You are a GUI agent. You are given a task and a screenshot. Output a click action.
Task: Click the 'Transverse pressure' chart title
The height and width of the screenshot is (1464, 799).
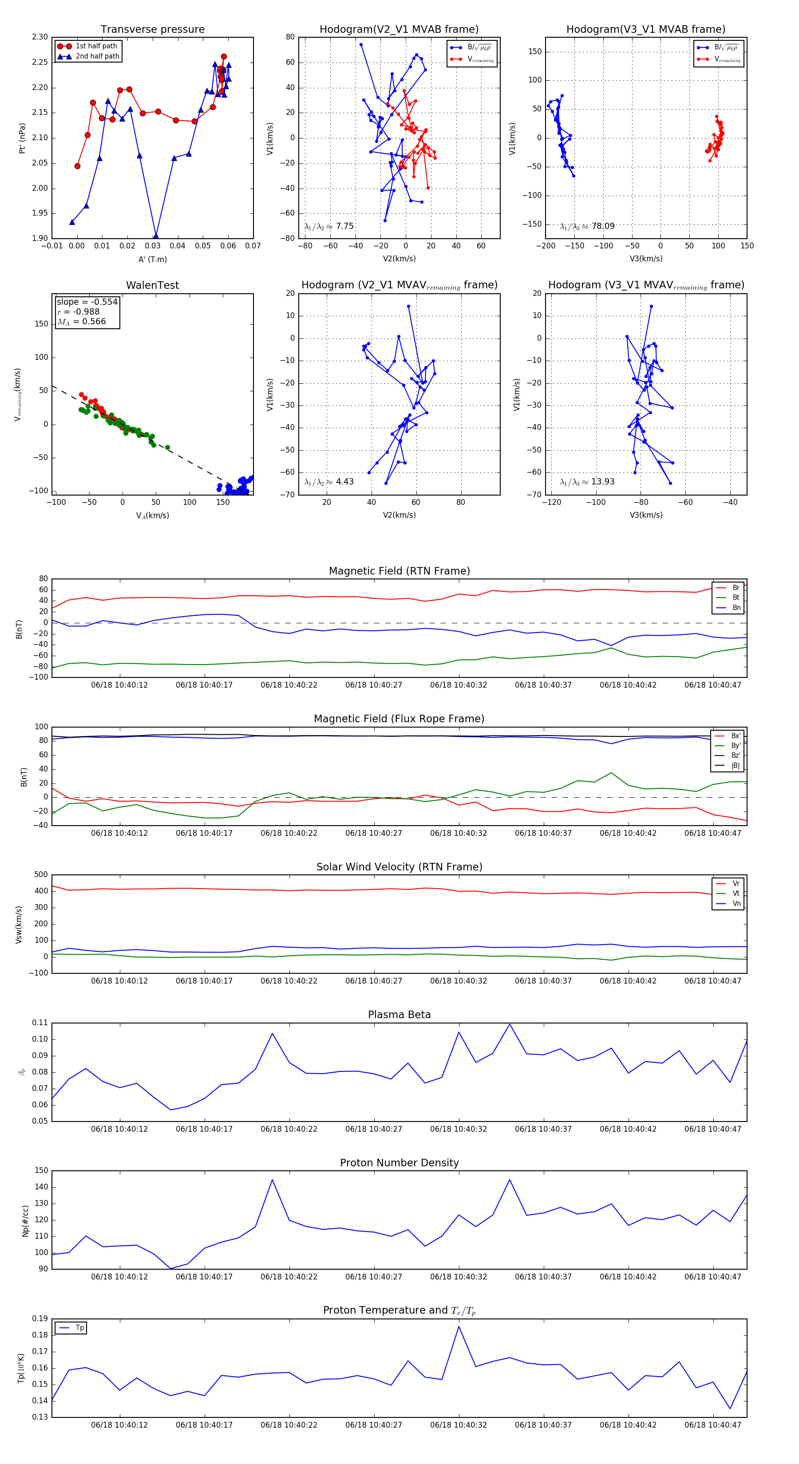pos(152,30)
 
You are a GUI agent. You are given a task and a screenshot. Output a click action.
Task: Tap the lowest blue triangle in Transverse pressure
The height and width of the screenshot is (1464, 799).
pos(156,236)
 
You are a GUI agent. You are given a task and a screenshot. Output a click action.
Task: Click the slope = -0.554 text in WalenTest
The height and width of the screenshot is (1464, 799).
pos(87,302)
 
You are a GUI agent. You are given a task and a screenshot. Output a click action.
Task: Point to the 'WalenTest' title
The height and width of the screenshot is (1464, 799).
pos(152,285)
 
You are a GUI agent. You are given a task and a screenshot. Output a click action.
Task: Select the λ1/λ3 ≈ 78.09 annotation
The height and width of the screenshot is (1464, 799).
pos(587,226)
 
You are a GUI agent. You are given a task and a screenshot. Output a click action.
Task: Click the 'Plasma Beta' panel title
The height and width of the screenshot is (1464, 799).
pos(399,1015)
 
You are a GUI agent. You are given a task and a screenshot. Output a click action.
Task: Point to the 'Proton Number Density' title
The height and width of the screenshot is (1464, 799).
pos(399,1163)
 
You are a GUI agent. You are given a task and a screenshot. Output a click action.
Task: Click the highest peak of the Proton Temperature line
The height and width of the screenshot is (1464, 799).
pos(459,1326)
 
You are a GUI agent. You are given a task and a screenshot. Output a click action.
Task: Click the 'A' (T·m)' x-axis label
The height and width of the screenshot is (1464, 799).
pos(152,259)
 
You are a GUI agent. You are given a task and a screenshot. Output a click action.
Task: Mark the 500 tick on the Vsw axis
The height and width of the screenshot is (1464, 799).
pos(41,875)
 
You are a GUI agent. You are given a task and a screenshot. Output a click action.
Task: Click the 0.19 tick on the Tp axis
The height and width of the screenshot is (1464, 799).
pos(40,1318)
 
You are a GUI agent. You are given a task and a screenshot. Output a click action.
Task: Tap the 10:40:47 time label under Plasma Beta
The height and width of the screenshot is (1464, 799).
pos(712,1129)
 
